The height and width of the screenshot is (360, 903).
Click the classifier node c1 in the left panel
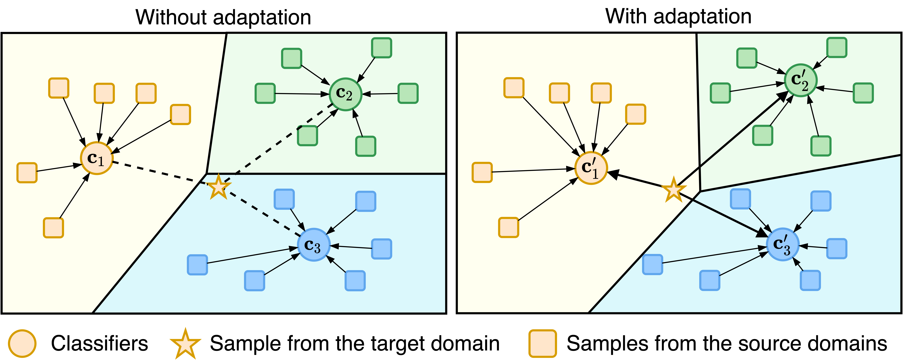pyautogui.click(x=96, y=158)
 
